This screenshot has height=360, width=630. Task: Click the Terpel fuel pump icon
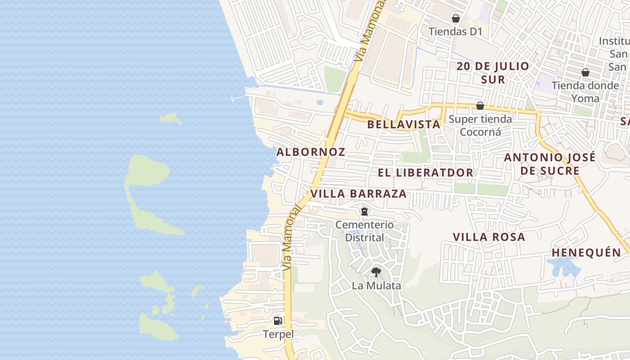[278, 321]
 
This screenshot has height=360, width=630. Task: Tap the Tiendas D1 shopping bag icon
[456, 18]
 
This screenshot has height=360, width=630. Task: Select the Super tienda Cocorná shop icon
[480, 106]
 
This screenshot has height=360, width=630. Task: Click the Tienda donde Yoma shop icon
[585, 72]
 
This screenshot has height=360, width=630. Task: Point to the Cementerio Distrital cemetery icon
[364, 211]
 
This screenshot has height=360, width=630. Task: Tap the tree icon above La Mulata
[376, 272]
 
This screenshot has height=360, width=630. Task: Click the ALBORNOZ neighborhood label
[310, 152]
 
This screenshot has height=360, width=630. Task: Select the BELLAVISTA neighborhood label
[404, 125]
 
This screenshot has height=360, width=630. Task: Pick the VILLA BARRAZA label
[358, 194]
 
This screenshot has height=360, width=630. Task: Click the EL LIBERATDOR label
[425, 173]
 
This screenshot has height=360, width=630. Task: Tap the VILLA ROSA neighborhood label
[489, 237]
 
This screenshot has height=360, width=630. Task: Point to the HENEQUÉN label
[586, 253]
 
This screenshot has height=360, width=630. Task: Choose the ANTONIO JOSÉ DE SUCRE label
[549, 164]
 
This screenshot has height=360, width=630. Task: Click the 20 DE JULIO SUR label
[493, 73]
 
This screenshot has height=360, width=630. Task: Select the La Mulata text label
[376, 285]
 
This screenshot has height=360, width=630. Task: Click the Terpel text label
[278, 334]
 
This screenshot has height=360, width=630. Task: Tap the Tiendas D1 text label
[455, 31]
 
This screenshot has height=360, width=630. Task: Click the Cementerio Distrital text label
[364, 231]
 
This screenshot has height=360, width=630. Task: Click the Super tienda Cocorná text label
[480, 126]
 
